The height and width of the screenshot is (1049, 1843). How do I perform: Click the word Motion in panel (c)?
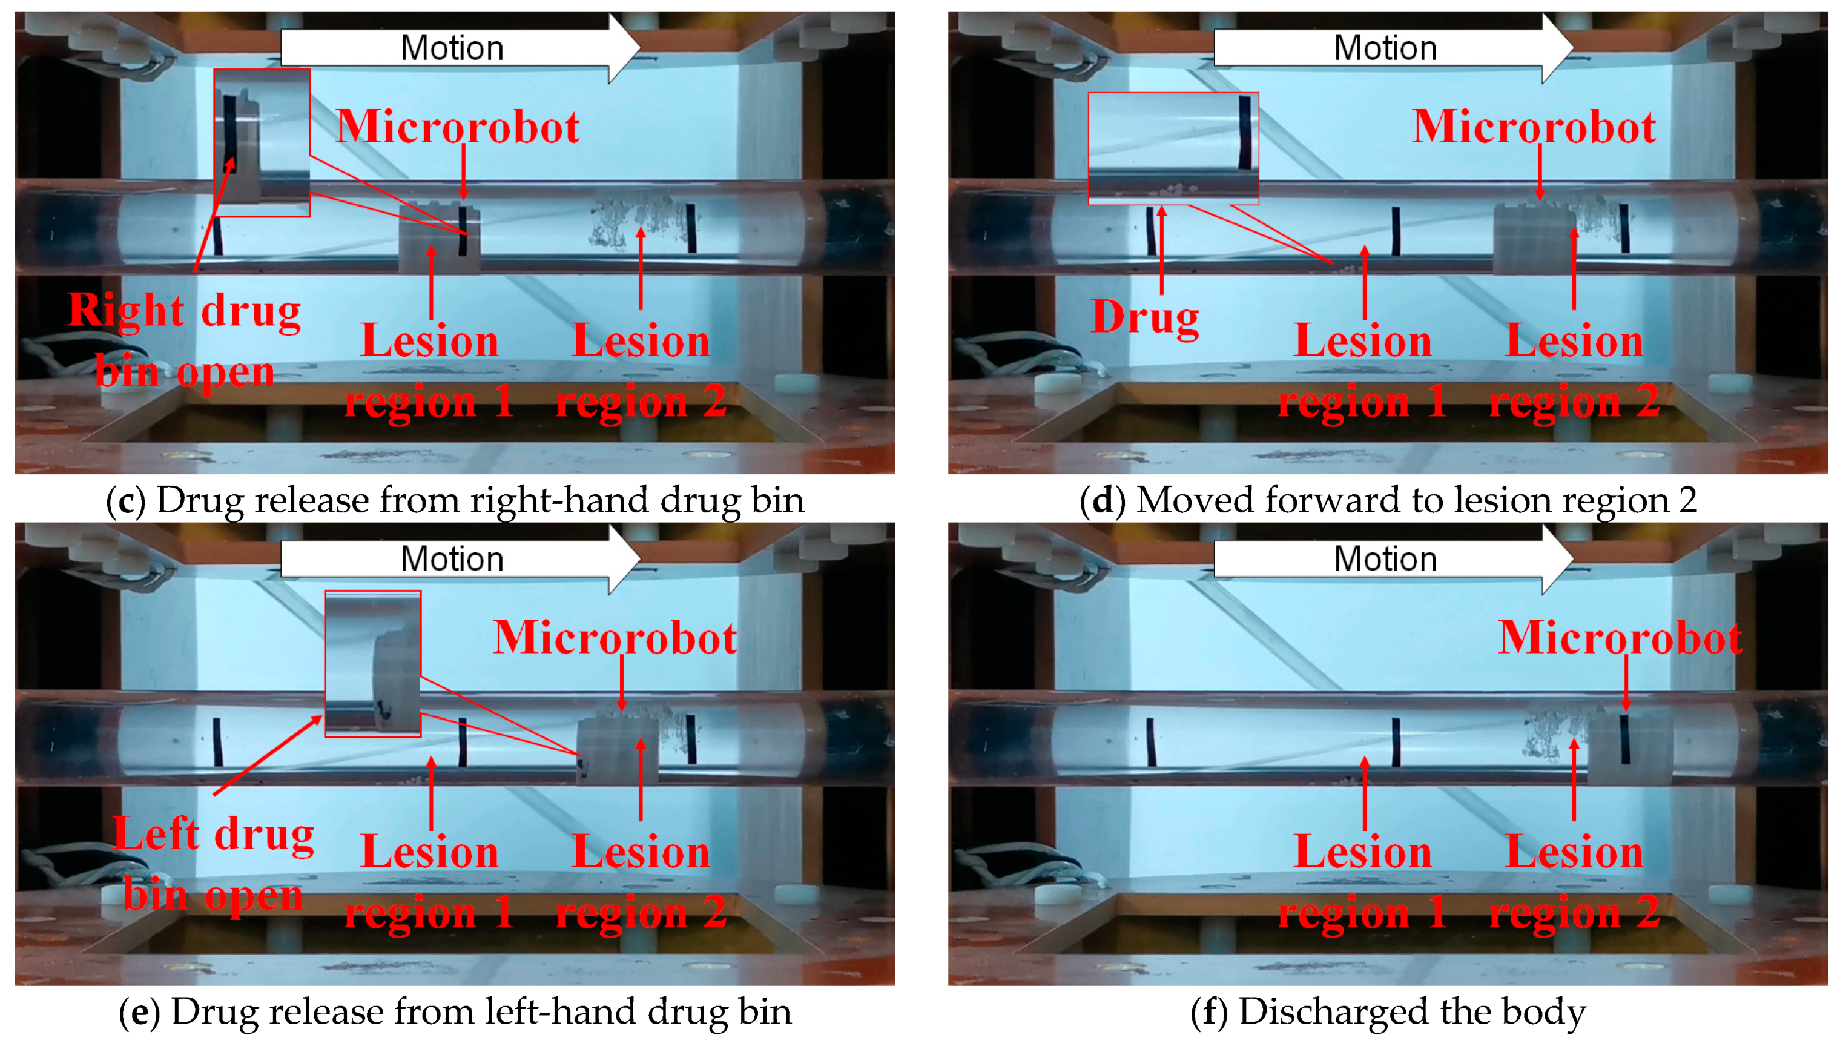pyautogui.click(x=452, y=48)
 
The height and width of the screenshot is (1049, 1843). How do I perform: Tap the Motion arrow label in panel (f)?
pyautogui.click(x=1385, y=559)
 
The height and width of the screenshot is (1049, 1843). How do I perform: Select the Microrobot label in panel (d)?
pyautogui.click(x=1534, y=128)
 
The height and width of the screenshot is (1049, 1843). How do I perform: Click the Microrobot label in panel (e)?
pyautogui.click(x=615, y=638)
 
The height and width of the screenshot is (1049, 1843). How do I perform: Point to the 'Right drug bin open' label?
pyautogui.click(x=185, y=341)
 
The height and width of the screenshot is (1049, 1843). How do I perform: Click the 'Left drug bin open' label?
pyautogui.click(x=214, y=864)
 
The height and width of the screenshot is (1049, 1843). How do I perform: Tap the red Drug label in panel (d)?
pyautogui.click(x=1145, y=316)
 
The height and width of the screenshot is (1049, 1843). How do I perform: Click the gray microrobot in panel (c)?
pyautogui.click(x=440, y=238)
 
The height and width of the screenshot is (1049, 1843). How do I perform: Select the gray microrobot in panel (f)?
pyautogui.click(x=1630, y=749)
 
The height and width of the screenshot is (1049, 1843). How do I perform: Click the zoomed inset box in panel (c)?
pyautogui.click(x=262, y=143)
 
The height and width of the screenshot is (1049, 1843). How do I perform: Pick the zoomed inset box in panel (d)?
pyautogui.click(x=1173, y=148)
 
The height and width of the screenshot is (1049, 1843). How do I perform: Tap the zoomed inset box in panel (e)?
pyautogui.click(x=372, y=664)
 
